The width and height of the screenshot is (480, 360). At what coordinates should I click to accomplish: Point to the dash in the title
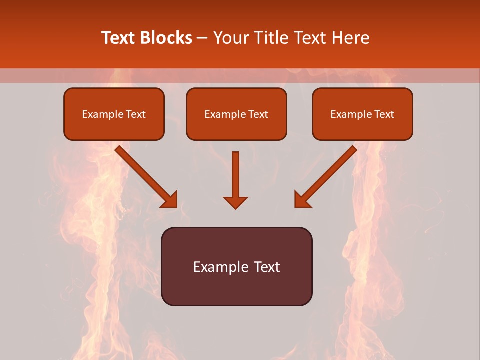click(x=202, y=38)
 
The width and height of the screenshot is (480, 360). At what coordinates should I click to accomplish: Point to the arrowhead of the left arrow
click(x=170, y=200)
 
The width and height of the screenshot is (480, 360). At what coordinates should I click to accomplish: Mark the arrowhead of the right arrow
click(x=302, y=200)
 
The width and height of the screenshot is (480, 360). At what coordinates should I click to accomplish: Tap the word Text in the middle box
click(x=258, y=114)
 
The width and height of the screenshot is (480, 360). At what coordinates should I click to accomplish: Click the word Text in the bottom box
click(x=267, y=267)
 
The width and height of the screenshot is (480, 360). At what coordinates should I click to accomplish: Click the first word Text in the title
click(x=119, y=38)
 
